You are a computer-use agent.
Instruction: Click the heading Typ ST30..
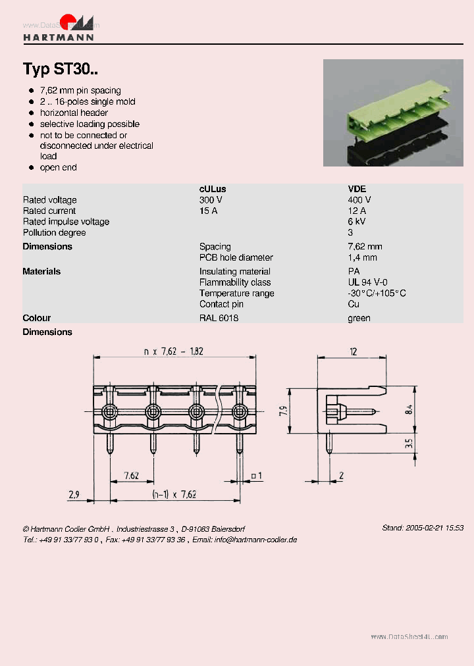(61, 69)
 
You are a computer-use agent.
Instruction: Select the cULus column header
(212, 189)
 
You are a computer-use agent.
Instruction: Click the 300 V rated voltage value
(211, 200)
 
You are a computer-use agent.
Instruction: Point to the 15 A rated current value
(208, 211)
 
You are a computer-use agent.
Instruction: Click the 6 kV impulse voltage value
(356, 222)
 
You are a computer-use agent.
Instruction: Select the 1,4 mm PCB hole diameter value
(362, 257)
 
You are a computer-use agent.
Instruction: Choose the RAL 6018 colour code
(219, 318)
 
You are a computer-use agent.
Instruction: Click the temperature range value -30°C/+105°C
(377, 294)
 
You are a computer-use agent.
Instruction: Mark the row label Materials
(41, 271)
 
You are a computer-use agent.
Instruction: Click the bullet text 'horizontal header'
(74, 113)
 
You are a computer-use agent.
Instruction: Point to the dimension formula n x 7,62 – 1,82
(174, 351)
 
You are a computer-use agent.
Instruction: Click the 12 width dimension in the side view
(354, 352)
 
